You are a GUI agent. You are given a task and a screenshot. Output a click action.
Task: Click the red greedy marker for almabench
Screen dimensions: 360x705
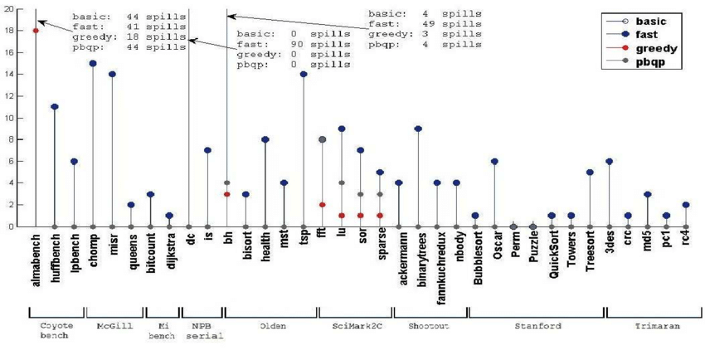(x=36, y=31)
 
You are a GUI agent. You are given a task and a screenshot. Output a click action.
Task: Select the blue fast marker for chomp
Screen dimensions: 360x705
(x=93, y=63)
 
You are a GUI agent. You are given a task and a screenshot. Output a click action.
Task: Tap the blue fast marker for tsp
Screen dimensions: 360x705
(x=304, y=74)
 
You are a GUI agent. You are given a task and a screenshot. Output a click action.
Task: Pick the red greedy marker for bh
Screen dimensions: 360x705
(x=226, y=193)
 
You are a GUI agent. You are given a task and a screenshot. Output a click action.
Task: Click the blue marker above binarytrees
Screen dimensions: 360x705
(x=418, y=129)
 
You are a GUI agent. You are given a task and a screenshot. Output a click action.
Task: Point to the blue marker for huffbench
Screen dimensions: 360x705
(x=55, y=106)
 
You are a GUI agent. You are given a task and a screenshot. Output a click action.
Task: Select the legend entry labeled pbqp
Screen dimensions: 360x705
(x=647, y=63)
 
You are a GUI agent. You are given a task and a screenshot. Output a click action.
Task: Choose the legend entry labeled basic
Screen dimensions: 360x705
(x=647, y=21)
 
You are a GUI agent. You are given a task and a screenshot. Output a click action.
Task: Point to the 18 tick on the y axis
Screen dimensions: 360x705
(x=9, y=31)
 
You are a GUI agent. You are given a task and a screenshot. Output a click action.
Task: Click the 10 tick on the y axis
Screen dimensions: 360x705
(x=9, y=117)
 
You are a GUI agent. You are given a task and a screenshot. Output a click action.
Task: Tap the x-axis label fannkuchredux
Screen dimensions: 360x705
(x=437, y=260)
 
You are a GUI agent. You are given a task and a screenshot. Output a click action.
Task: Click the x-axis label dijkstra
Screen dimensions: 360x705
(x=169, y=251)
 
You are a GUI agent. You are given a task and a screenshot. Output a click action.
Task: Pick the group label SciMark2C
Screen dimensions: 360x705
(x=355, y=327)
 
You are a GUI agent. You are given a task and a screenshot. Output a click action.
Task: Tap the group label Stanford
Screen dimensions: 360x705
(x=536, y=327)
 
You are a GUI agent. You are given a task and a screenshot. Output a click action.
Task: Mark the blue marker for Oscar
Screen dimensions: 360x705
(x=494, y=161)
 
